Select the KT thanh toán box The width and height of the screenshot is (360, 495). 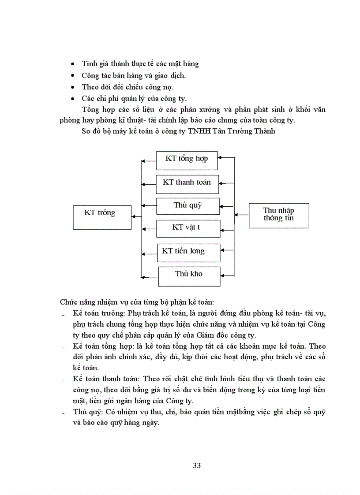click(187, 184)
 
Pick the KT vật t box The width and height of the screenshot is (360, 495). click(188, 228)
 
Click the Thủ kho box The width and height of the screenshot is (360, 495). click(189, 275)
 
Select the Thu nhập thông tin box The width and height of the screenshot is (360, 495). click(279, 215)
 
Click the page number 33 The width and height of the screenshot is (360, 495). click(197, 465)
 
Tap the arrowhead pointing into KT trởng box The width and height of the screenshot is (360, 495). click(134, 216)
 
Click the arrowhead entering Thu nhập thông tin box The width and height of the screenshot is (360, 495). click(236, 215)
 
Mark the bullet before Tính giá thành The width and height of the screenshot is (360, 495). click(73, 64)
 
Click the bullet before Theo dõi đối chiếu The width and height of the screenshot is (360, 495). click(73, 88)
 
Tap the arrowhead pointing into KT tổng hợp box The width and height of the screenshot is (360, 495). click(220, 157)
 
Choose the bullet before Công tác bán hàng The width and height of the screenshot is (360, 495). click(73, 76)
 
